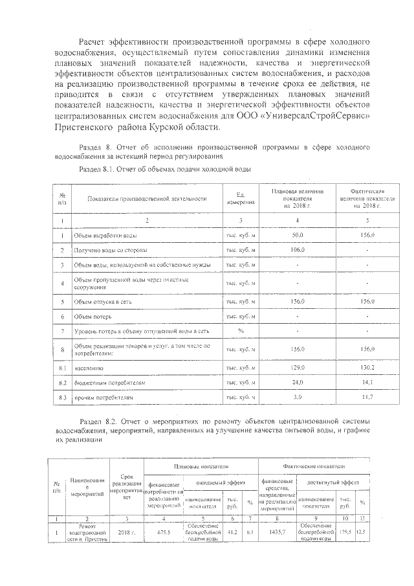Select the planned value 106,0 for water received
[x=298, y=250]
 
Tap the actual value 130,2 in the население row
[x=367, y=368]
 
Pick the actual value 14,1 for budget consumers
[x=367, y=383]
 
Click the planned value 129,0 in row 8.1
[x=298, y=368]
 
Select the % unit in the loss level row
[x=240, y=332]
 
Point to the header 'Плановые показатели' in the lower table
[x=201, y=466]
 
